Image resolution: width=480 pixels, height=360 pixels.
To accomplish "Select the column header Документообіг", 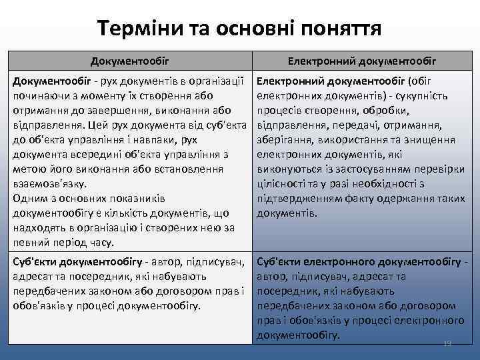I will [x=130, y=61].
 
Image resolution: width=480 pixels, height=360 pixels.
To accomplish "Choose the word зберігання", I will [x=285, y=139].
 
